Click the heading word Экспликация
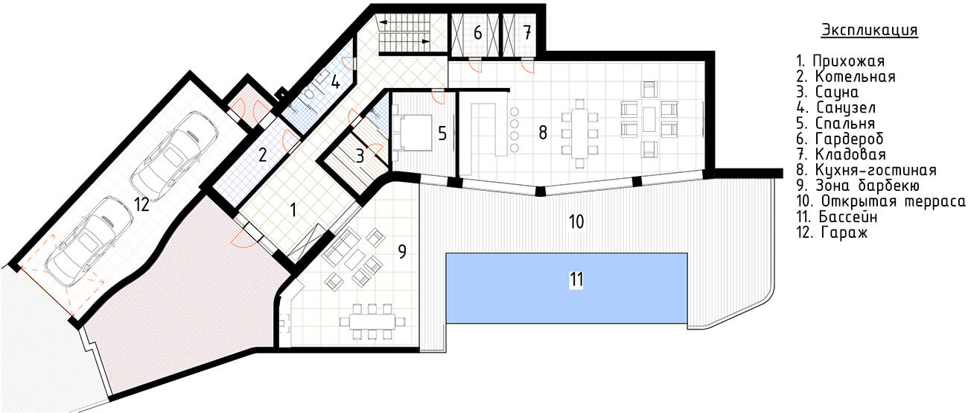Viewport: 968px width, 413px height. pyautogui.click(x=869, y=31)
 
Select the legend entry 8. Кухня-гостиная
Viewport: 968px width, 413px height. pyautogui.click(x=867, y=170)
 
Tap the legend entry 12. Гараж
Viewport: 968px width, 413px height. pyautogui.click(x=832, y=233)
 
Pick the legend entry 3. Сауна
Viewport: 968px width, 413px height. pyautogui.click(x=827, y=92)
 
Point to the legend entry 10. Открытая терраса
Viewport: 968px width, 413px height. pyautogui.click(x=881, y=201)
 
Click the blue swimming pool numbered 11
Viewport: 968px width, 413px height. pyautogui.click(x=567, y=288)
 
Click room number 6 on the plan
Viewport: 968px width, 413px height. pyautogui.click(x=477, y=33)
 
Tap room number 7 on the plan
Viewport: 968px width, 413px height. pyautogui.click(x=526, y=33)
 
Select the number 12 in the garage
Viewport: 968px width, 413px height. pyautogui.click(x=141, y=204)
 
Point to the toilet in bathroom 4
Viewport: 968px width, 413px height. pyautogui.click(x=308, y=94)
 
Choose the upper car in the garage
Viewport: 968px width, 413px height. pyautogui.click(x=173, y=153)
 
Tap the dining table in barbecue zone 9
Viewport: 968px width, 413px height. pyautogui.click(x=372, y=322)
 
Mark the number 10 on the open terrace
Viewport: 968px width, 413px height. pyautogui.click(x=576, y=221)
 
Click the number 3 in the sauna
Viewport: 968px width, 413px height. pyautogui.click(x=360, y=156)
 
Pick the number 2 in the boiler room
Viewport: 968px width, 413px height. pyautogui.click(x=263, y=154)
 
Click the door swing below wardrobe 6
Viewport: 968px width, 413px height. pyautogui.click(x=475, y=65)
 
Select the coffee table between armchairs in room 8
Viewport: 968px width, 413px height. pyautogui.click(x=649, y=119)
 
